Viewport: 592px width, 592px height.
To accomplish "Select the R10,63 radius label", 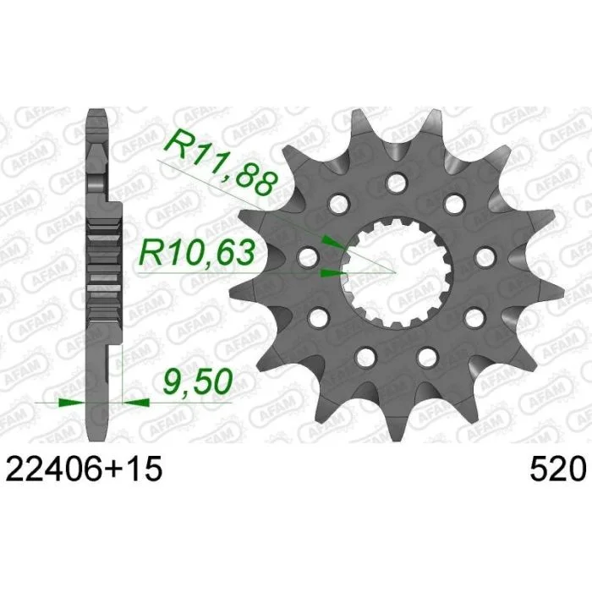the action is (x=197, y=252).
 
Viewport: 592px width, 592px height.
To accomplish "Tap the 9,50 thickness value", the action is (x=197, y=381).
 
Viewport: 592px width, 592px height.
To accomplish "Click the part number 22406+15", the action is (x=84, y=469).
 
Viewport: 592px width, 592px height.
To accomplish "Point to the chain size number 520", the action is (x=557, y=469).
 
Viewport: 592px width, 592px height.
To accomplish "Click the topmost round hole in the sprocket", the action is (x=397, y=183).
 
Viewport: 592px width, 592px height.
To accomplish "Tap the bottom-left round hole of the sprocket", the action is (x=365, y=356).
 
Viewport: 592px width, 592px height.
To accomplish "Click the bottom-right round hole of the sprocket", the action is (x=428, y=356).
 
